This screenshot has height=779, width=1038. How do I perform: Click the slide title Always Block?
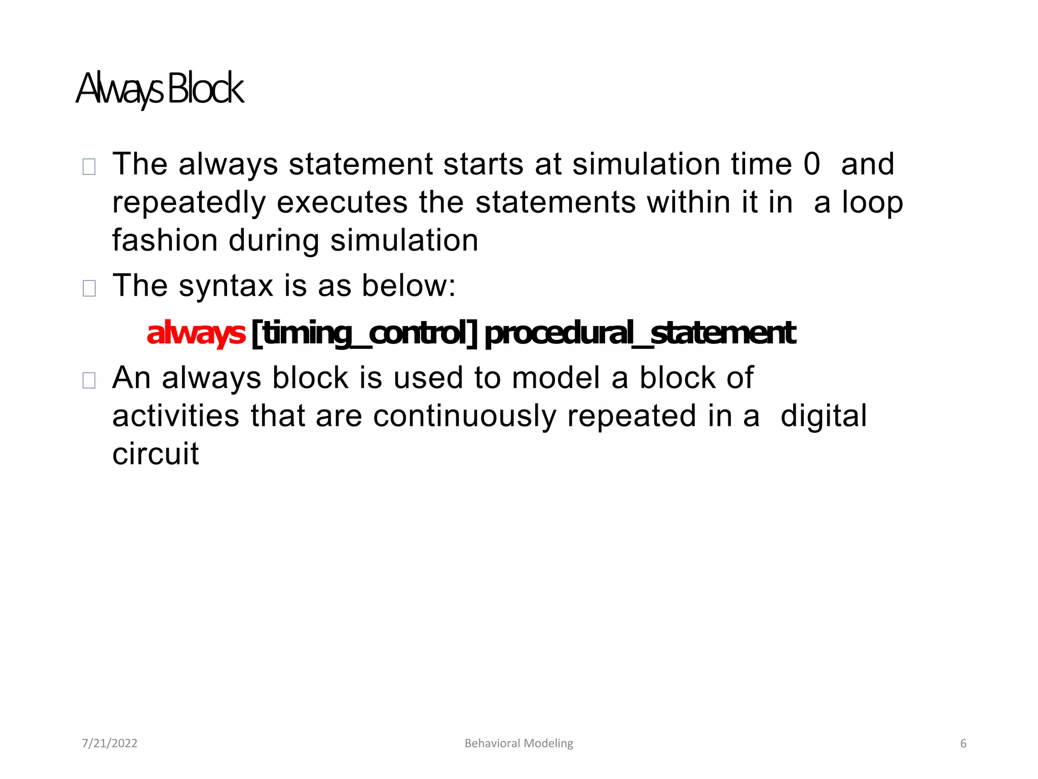[x=160, y=89]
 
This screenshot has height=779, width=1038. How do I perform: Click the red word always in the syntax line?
[x=196, y=333]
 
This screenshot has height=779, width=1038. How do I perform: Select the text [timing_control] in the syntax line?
[x=364, y=333]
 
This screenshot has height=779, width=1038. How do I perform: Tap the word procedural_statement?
[x=640, y=333]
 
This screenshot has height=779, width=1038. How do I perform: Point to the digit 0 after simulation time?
[x=811, y=164]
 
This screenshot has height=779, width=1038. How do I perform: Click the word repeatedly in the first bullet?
[x=189, y=202]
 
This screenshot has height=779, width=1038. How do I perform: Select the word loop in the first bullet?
[x=872, y=202]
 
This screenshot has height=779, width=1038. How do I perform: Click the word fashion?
[x=164, y=240]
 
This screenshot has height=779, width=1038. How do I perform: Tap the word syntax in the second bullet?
[x=226, y=286]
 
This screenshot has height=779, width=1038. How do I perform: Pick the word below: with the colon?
[x=409, y=286]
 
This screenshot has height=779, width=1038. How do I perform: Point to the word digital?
[x=824, y=416]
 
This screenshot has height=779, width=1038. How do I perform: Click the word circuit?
[x=156, y=453]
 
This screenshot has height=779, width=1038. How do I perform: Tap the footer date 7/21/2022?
[x=109, y=743]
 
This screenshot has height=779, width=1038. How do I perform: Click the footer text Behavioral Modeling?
[x=518, y=743]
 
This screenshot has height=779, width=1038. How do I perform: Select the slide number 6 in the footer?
[x=963, y=743]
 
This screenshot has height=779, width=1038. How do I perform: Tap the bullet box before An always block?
[x=89, y=380]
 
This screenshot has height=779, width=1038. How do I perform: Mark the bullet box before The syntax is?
[x=89, y=288]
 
